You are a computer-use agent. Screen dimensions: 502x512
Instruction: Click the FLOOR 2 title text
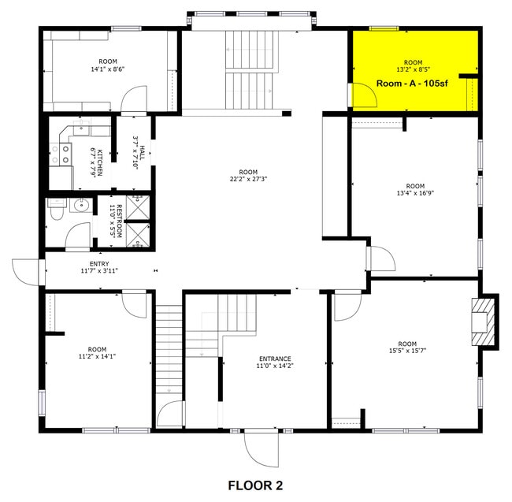click(x=255, y=485)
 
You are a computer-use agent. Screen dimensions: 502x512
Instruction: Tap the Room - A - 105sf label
click(x=413, y=83)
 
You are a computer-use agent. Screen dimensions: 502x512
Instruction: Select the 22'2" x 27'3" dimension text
click(x=248, y=179)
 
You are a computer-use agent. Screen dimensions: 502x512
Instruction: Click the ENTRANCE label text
click(x=273, y=359)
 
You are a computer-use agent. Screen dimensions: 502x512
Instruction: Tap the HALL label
click(x=140, y=146)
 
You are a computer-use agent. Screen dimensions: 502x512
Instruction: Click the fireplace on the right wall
click(x=483, y=321)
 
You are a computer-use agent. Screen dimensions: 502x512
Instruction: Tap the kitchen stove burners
click(x=57, y=153)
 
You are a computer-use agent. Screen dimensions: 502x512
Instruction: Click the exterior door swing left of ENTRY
click(x=26, y=270)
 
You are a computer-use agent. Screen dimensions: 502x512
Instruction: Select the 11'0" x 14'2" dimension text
click(x=273, y=366)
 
